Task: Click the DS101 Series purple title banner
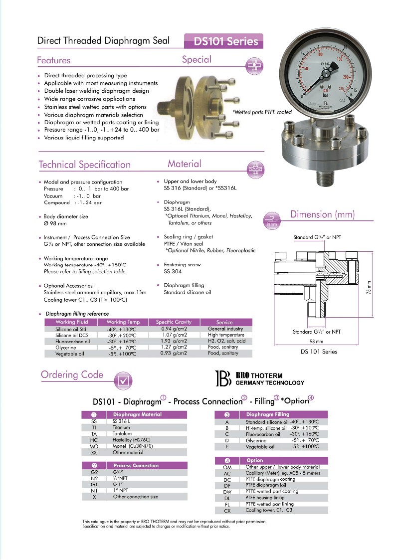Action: point(223,41)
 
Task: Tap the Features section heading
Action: point(54,60)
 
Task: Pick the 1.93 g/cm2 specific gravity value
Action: point(174,342)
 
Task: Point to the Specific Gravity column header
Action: point(174,322)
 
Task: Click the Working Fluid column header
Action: point(72,322)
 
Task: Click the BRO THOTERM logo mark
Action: point(222,378)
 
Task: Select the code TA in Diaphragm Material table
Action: point(93,434)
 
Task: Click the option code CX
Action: point(227,510)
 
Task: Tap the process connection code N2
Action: point(93,478)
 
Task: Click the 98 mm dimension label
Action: point(316,341)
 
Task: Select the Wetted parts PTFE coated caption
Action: point(262,112)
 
